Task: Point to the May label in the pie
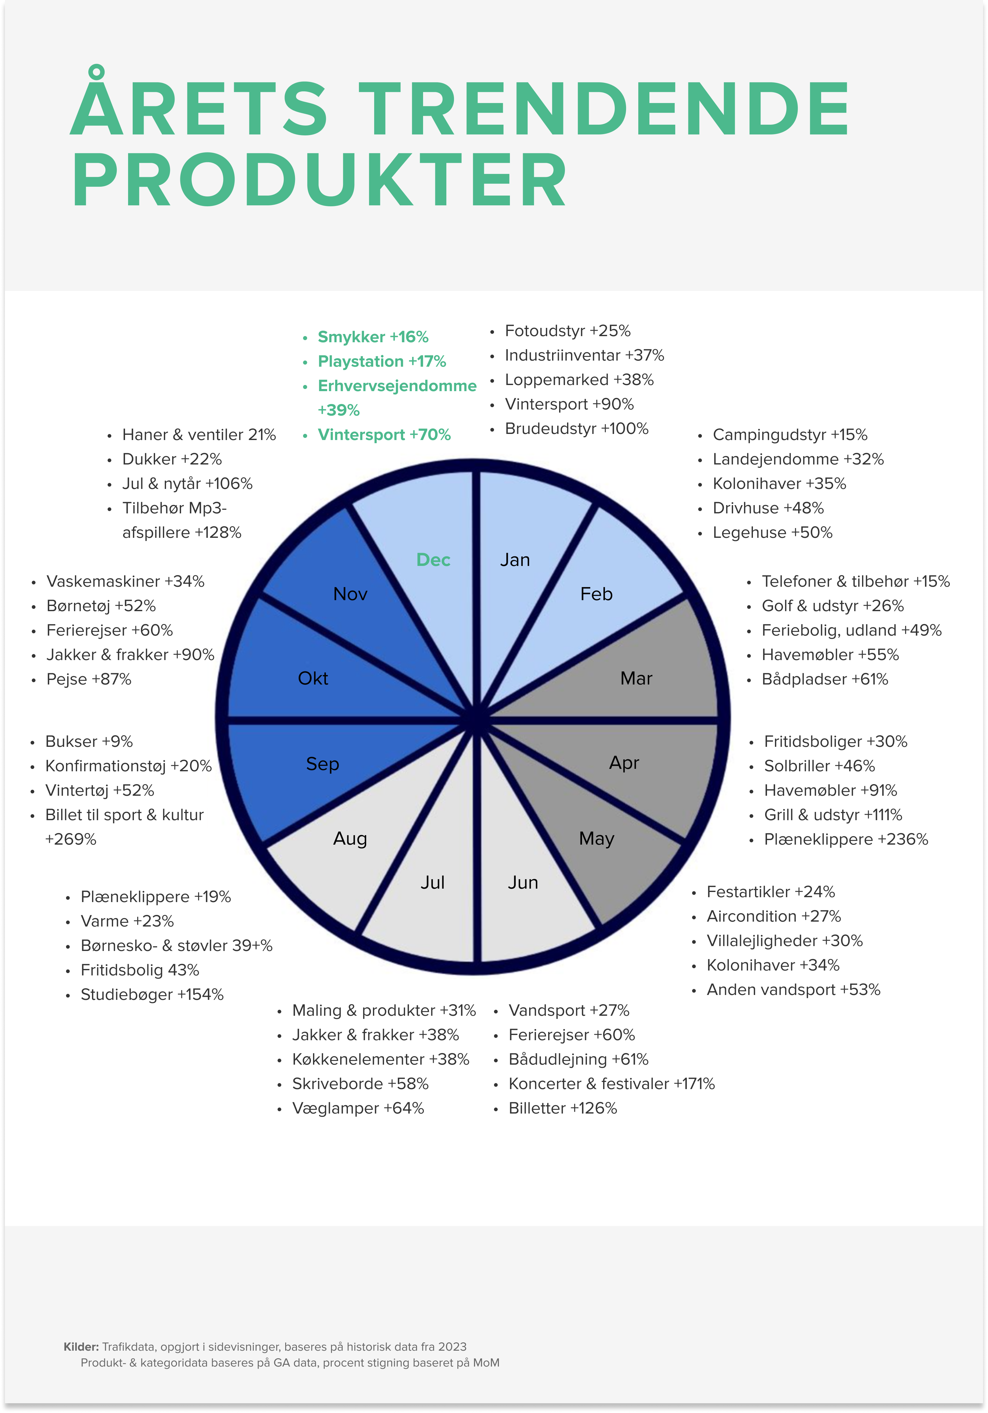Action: pyautogui.click(x=596, y=839)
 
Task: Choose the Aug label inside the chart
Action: pyautogui.click(x=350, y=839)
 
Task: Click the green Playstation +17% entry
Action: pyautogui.click(x=382, y=361)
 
